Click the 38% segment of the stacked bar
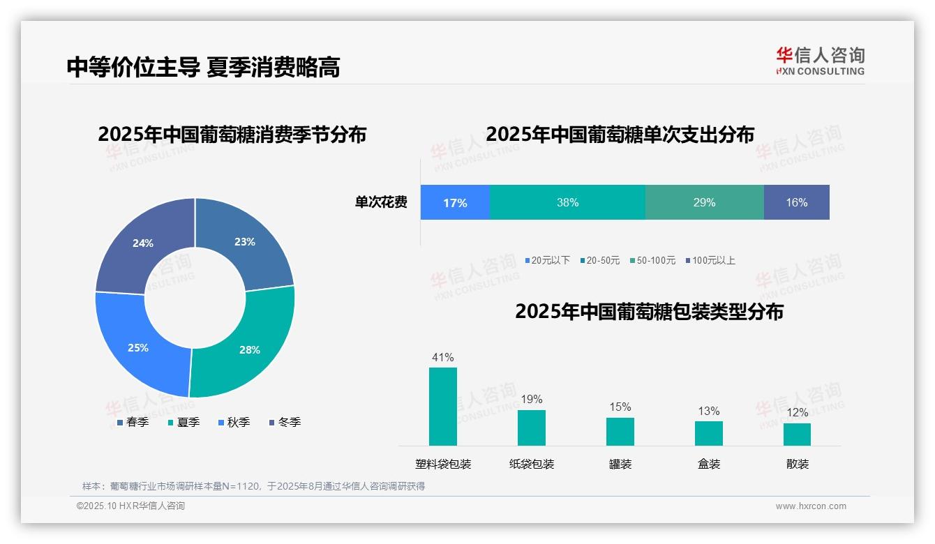(x=567, y=202)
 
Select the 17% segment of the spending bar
(x=455, y=202)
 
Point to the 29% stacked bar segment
(x=704, y=202)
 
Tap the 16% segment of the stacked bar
(x=796, y=202)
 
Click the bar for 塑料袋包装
(x=443, y=407)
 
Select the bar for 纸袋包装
(x=532, y=428)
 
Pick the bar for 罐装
(x=620, y=432)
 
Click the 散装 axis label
(x=798, y=464)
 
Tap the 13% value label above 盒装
(x=709, y=411)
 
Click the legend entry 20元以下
(x=548, y=260)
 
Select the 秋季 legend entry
(x=234, y=422)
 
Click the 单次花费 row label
(x=381, y=202)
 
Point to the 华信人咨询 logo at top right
(x=820, y=61)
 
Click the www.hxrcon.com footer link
(x=811, y=506)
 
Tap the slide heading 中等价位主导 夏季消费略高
(x=203, y=67)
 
